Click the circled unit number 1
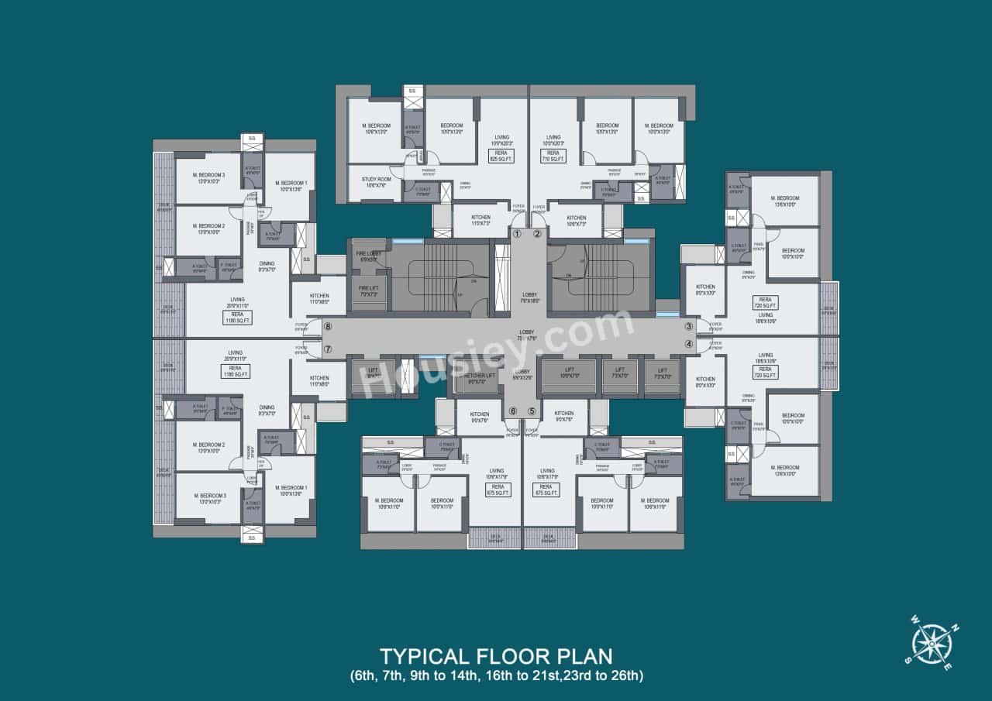point(517,233)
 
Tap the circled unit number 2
point(537,233)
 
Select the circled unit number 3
point(688,327)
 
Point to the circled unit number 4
point(688,344)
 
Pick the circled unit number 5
point(532,411)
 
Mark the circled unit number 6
point(512,411)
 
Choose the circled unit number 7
point(328,349)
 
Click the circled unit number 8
point(328,328)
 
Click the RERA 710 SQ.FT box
point(553,156)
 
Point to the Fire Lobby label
point(367,256)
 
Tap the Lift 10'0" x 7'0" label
point(569,373)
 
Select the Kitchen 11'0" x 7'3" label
point(480,220)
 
